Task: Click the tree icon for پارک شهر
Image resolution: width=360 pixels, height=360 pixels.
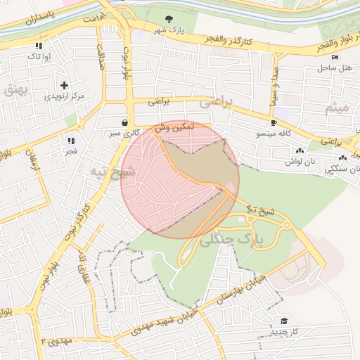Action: tap(167, 19)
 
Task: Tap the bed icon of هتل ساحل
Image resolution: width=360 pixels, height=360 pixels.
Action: tap(335, 57)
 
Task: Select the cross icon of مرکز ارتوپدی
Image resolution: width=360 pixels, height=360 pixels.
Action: tap(65, 84)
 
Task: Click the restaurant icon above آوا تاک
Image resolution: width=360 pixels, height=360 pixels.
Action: tap(37, 46)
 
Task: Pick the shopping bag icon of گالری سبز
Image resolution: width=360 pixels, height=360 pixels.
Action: tap(124, 122)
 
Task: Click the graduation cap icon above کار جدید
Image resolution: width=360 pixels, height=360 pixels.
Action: tap(284, 321)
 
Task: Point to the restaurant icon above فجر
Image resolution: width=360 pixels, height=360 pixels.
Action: tap(71, 141)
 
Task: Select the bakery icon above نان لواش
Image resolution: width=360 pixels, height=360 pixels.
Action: tap(300, 150)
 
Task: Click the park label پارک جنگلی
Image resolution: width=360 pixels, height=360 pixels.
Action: tap(231, 240)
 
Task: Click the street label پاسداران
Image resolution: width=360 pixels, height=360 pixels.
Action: tap(30, 22)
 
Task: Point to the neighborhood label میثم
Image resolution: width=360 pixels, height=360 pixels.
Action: tap(335, 108)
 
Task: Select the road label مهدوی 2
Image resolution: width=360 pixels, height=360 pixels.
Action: tap(57, 341)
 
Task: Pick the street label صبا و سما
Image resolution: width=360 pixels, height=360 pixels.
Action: tap(273, 86)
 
